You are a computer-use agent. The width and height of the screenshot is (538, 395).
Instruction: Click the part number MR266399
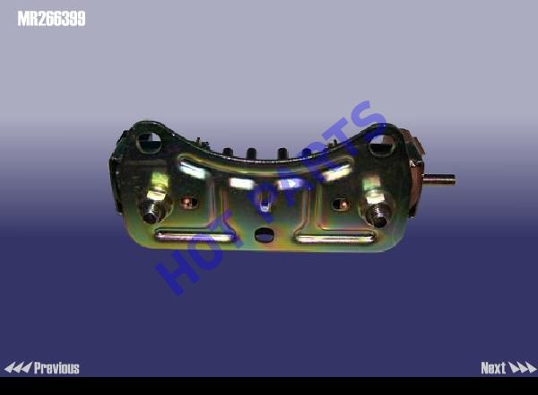point(51,19)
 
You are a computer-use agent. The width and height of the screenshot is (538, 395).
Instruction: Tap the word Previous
point(56,368)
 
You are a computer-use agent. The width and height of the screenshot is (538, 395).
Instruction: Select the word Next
point(493,368)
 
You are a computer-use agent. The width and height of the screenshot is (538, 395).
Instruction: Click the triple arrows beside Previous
point(18,368)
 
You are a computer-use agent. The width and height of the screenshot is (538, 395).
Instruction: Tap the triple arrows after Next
point(522,368)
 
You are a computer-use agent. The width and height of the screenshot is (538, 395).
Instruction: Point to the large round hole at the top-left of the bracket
point(149,142)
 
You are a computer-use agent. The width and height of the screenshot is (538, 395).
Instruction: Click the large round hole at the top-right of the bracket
point(381,145)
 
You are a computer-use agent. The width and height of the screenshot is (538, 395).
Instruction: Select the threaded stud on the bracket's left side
point(154,206)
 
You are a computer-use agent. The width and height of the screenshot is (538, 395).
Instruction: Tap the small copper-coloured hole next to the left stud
point(188,203)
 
